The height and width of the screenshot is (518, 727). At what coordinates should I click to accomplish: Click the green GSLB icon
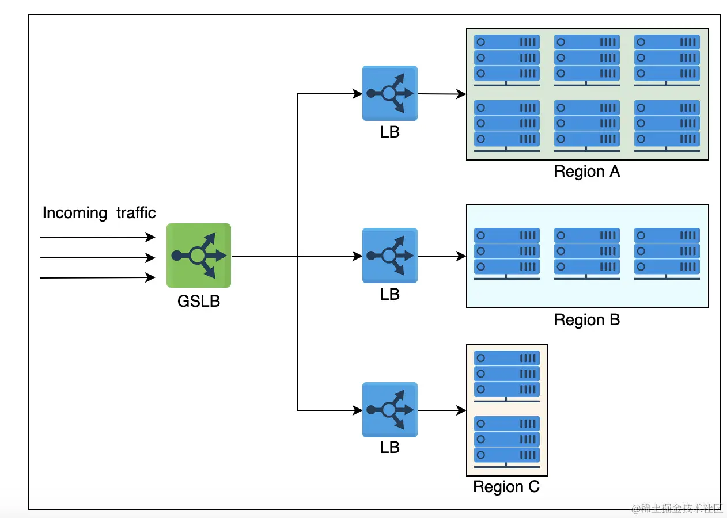[x=199, y=255]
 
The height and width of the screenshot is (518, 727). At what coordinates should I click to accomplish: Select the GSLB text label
[x=199, y=301]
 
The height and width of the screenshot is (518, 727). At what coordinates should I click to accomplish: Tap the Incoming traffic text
[x=99, y=213]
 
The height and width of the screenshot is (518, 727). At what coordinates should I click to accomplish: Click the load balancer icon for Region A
[x=390, y=93]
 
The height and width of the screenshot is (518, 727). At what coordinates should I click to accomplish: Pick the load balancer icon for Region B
[x=390, y=256]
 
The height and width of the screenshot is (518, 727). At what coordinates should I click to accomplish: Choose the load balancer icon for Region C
[x=390, y=410]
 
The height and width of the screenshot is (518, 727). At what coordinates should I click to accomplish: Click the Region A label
[x=586, y=172]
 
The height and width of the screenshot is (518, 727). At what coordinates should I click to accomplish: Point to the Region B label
[x=586, y=320]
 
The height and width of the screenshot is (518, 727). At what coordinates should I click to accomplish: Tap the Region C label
[x=506, y=487]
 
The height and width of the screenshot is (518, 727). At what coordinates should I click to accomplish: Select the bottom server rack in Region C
[x=506, y=440]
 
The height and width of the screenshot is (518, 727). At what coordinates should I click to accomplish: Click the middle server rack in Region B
[x=586, y=253]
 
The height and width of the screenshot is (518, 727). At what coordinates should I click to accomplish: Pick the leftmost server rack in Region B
[x=506, y=253]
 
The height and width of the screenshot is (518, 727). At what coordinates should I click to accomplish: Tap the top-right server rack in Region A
[x=667, y=59]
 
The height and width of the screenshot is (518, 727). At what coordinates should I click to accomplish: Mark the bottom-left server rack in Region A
[x=506, y=125]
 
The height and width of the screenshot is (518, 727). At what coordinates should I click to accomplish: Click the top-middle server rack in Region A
[x=586, y=59]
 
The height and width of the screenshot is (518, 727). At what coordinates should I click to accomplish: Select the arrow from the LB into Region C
[x=442, y=410]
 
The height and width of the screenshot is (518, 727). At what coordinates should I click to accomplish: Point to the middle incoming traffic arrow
[x=98, y=257]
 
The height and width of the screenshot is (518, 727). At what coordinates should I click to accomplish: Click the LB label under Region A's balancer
[x=390, y=132]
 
